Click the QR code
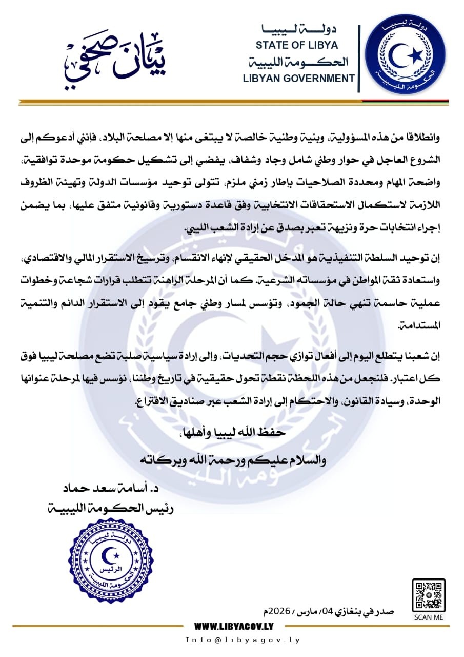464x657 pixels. click(428, 595)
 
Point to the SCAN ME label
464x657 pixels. click(428, 617)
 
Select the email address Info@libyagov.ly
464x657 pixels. click(243, 640)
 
